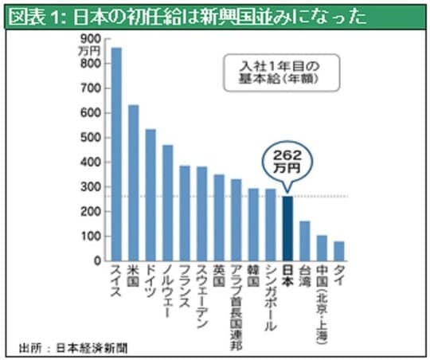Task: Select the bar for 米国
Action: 133,182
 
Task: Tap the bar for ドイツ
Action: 150,195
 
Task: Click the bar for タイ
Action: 338,251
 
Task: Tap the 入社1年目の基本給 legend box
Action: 279,72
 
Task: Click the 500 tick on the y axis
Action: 92,137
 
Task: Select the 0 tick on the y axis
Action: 97,261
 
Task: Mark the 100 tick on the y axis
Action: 92,237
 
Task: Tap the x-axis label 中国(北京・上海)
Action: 322,303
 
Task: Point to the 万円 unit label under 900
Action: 90,50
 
